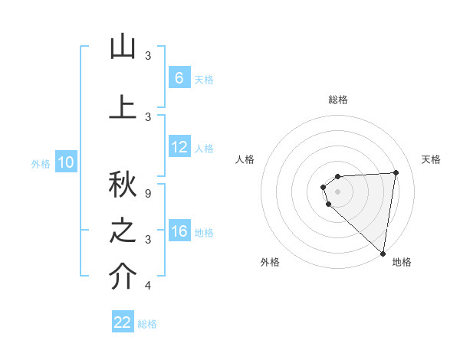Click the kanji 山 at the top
123,47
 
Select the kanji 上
123,106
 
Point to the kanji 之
123,231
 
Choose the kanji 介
123,277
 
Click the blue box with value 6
179,78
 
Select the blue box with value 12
179,147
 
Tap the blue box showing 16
179,231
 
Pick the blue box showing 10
65,162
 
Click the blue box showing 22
123,322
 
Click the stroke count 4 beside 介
148,286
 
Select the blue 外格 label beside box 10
41,163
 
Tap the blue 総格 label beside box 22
147,323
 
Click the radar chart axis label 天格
432,159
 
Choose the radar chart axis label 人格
245,159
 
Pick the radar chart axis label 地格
402,262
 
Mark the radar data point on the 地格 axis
383,254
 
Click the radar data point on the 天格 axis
396,172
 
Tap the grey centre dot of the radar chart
338,191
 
